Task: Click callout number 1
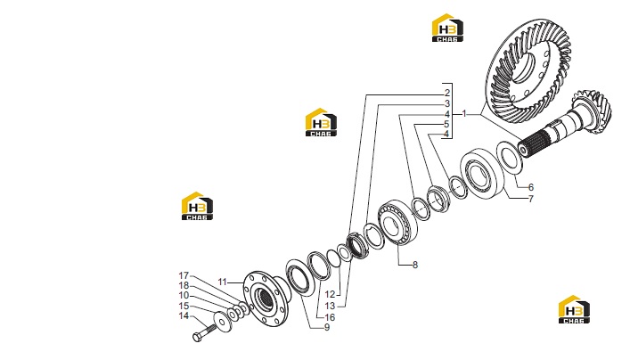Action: [x=464, y=114]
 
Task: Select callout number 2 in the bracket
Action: [x=447, y=93]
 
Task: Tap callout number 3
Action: [x=447, y=103]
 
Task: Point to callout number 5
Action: [x=446, y=124]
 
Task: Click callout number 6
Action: [x=531, y=187]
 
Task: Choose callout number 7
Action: [x=531, y=199]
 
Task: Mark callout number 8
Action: [x=415, y=265]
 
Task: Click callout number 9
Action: [x=327, y=327]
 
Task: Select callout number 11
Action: [x=222, y=282]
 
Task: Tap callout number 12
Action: [x=330, y=295]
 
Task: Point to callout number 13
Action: [x=330, y=307]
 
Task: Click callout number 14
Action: [x=184, y=315]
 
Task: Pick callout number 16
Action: [x=330, y=317]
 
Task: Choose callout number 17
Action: [x=184, y=275]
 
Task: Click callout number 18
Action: [x=184, y=286]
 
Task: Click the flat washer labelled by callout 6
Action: [x=510, y=157]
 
